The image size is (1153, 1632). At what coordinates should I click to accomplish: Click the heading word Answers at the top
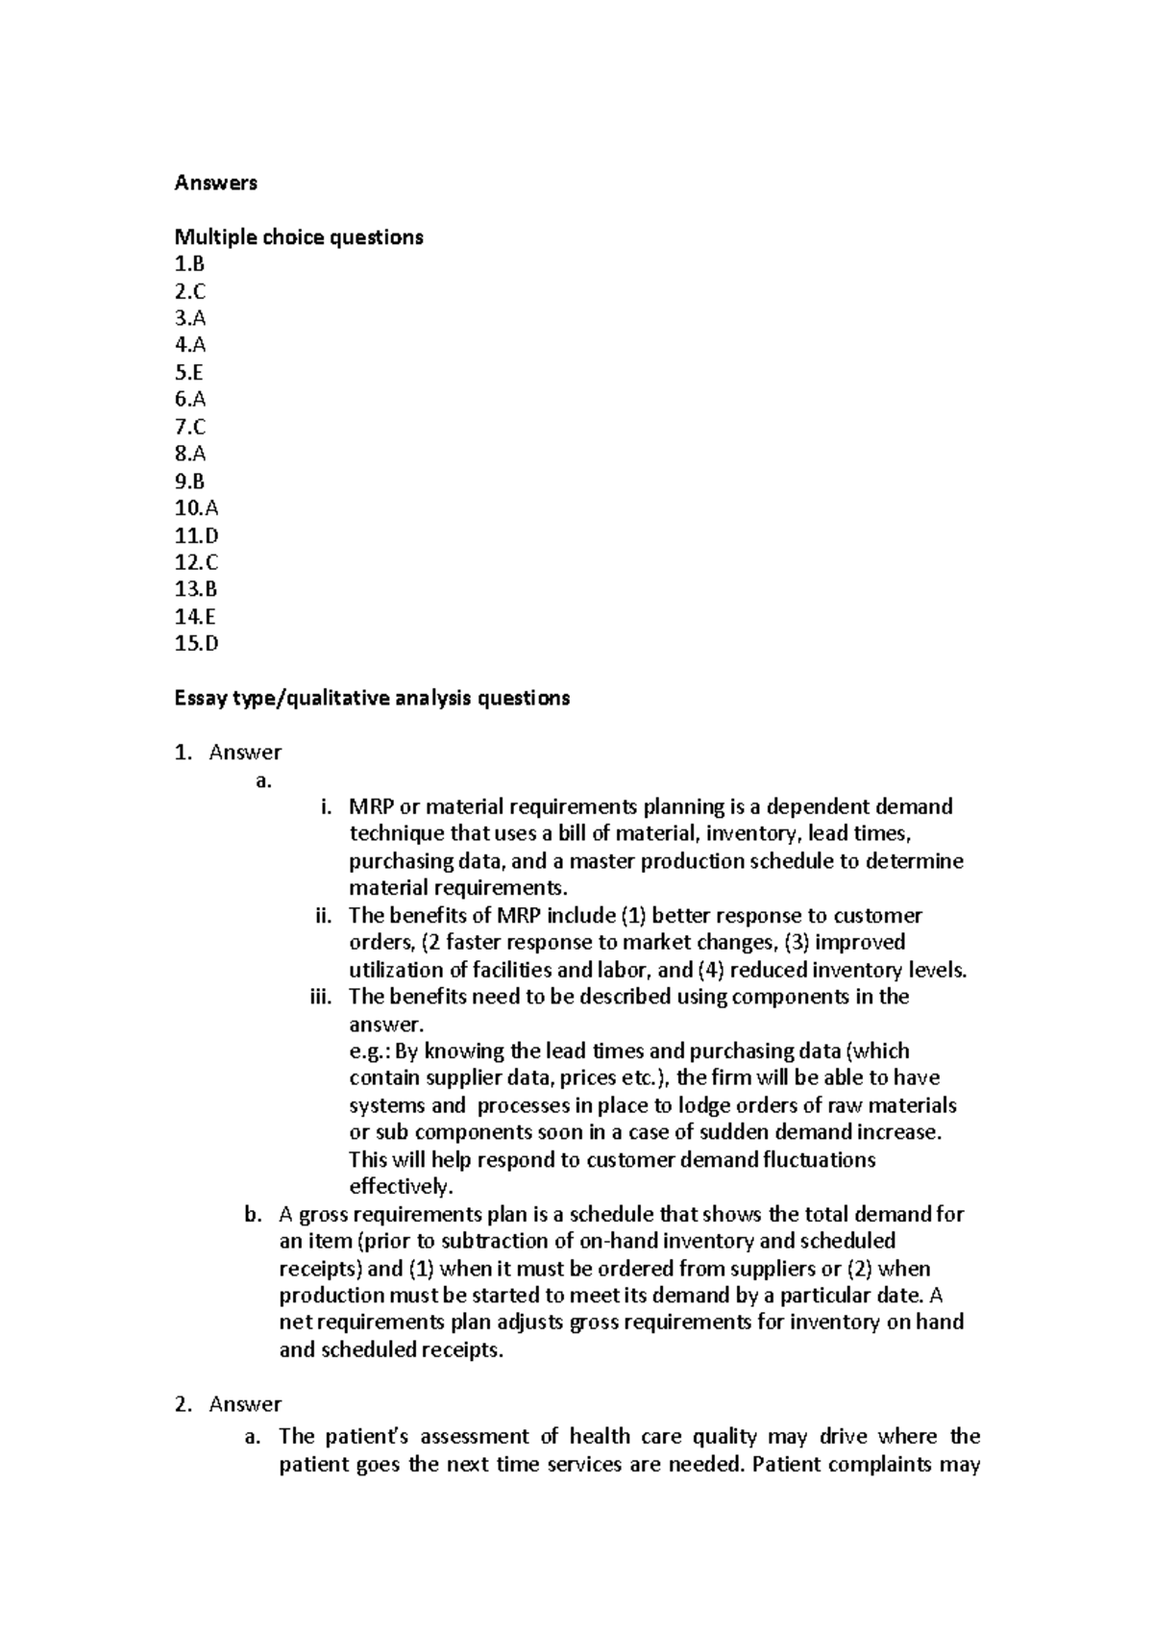click(215, 183)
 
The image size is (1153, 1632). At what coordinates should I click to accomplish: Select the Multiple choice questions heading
click(298, 237)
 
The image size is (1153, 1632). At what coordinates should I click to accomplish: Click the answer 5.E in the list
click(189, 373)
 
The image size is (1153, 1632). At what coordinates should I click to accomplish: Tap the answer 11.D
click(196, 535)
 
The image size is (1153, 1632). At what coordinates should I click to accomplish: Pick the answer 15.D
click(196, 644)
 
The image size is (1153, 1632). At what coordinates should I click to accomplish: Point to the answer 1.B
click(189, 264)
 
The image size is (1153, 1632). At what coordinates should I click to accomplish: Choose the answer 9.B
click(189, 482)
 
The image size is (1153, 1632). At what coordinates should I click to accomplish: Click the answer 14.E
click(196, 617)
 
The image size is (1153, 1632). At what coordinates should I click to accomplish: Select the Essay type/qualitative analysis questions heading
click(372, 699)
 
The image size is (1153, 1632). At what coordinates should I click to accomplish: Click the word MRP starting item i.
click(371, 806)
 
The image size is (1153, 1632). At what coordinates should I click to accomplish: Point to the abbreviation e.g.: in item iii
click(370, 1051)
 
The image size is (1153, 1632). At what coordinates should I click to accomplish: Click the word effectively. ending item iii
click(400, 1186)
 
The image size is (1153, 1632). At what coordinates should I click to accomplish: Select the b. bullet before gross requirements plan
click(253, 1214)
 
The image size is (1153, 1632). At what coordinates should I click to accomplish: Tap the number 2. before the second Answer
click(184, 1404)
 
